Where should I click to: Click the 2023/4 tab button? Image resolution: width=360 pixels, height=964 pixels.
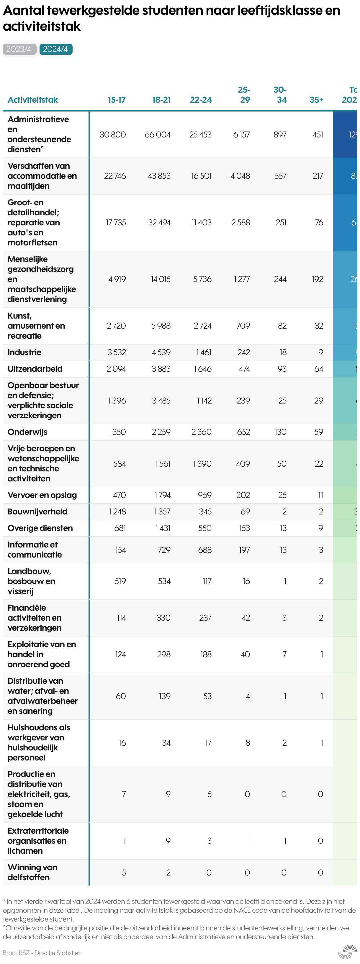pyautogui.click(x=19, y=49)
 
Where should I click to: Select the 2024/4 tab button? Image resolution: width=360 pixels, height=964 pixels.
pyautogui.click(x=55, y=49)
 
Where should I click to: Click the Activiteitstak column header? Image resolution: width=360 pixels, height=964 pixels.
pyautogui.click(x=33, y=100)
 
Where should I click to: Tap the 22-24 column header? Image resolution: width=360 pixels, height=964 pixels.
pyautogui.click(x=201, y=100)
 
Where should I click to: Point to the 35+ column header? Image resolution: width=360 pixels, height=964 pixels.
pyautogui.click(x=316, y=100)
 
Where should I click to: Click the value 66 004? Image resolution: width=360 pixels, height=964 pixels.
pyautogui.click(x=158, y=135)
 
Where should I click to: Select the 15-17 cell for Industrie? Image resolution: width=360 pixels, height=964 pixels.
pyautogui.click(x=116, y=353)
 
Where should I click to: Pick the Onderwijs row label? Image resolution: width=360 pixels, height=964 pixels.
pyautogui.click(x=27, y=432)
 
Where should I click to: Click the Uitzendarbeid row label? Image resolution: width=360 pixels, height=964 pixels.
pyautogui.click(x=35, y=369)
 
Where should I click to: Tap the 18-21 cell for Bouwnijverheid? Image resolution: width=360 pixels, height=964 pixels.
pyautogui.click(x=162, y=512)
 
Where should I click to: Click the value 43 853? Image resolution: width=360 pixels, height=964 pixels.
pyautogui.click(x=159, y=176)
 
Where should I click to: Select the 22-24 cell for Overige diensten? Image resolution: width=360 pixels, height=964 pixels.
pyautogui.click(x=205, y=528)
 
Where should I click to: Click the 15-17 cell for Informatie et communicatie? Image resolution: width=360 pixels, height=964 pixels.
pyautogui.click(x=120, y=550)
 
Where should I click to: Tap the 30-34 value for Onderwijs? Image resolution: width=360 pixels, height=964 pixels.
pyautogui.click(x=280, y=432)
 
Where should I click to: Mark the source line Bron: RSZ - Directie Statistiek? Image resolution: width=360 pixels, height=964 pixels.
pyautogui.click(x=42, y=953)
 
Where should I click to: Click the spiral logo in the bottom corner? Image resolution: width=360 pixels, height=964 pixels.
pyautogui.click(x=347, y=952)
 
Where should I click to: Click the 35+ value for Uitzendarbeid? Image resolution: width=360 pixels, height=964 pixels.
pyautogui.click(x=318, y=369)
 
